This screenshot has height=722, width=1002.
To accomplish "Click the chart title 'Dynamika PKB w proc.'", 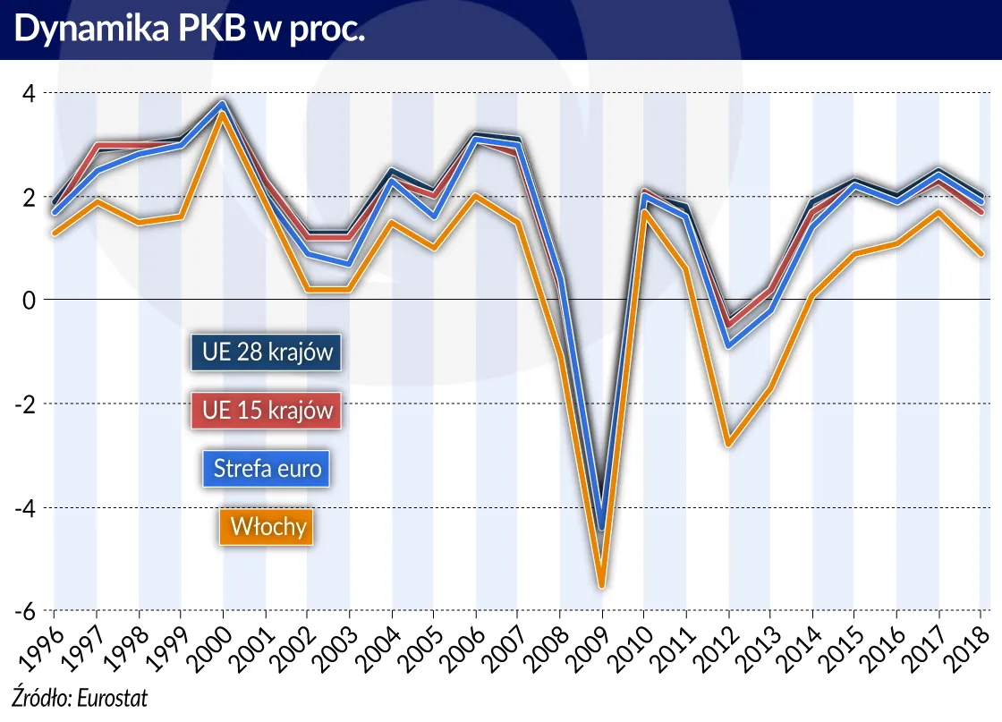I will (189, 29).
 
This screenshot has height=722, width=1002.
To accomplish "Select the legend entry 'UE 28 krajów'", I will (267, 352).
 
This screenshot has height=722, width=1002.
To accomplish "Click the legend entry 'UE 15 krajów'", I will (267, 410).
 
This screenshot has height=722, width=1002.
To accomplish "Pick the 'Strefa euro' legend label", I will (267, 468).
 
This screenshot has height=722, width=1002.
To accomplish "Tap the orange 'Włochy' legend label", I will (267, 526).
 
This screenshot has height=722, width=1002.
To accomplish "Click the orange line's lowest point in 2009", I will (602, 586).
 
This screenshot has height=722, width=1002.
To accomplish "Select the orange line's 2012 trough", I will (729, 444).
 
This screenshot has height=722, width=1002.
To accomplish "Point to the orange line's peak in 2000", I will (223, 114).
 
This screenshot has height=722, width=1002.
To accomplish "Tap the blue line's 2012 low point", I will (729, 345).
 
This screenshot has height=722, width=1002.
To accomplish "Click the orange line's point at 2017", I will (939, 212).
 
